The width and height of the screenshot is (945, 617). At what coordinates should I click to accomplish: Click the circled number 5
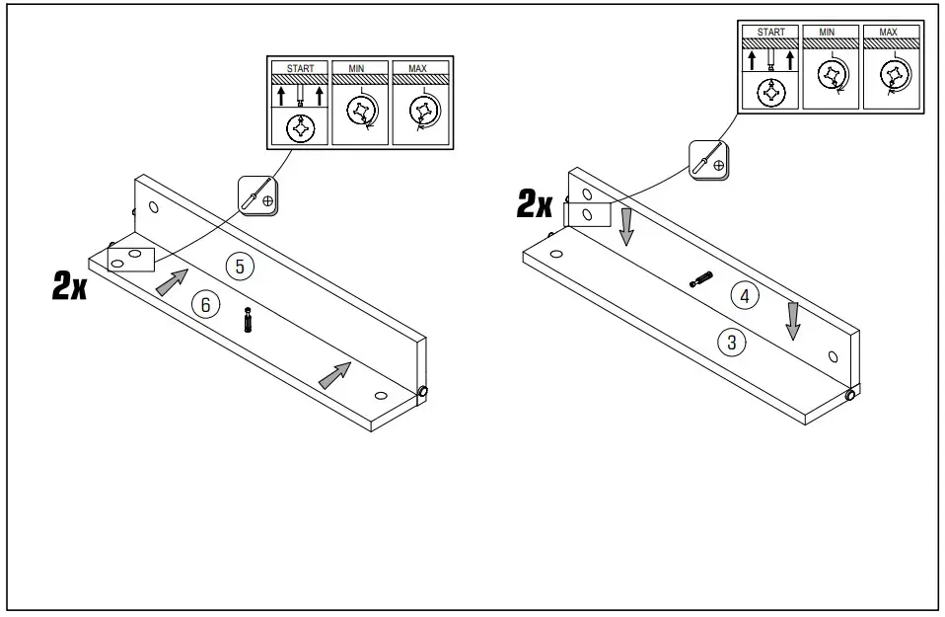(238, 265)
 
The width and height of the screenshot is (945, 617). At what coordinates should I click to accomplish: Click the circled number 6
(205, 305)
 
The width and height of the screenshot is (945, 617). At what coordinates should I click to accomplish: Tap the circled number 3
(731, 343)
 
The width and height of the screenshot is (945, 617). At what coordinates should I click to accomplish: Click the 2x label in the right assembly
(535, 204)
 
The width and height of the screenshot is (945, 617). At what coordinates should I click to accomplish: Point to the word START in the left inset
(300, 68)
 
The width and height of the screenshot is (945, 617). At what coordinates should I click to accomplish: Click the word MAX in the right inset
(887, 32)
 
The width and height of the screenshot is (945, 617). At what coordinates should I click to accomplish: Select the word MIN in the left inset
(359, 68)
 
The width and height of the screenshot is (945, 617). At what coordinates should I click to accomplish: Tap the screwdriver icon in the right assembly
(709, 159)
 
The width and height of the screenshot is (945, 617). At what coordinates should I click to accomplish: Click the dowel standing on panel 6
(247, 321)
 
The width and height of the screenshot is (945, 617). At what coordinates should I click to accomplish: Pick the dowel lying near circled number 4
(700, 279)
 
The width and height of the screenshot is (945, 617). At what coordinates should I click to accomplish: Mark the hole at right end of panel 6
(380, 395)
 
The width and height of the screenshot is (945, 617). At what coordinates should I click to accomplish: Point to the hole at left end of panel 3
(556, 254)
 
